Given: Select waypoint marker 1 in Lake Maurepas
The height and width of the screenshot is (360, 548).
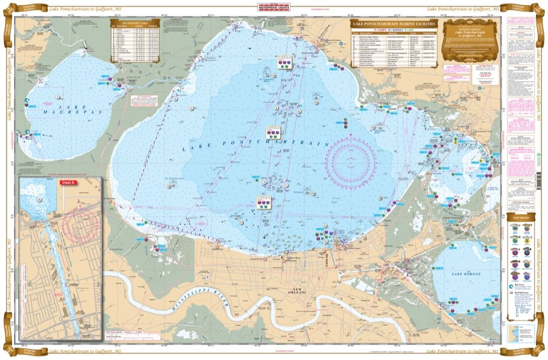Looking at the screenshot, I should click(x=57, y=97).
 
